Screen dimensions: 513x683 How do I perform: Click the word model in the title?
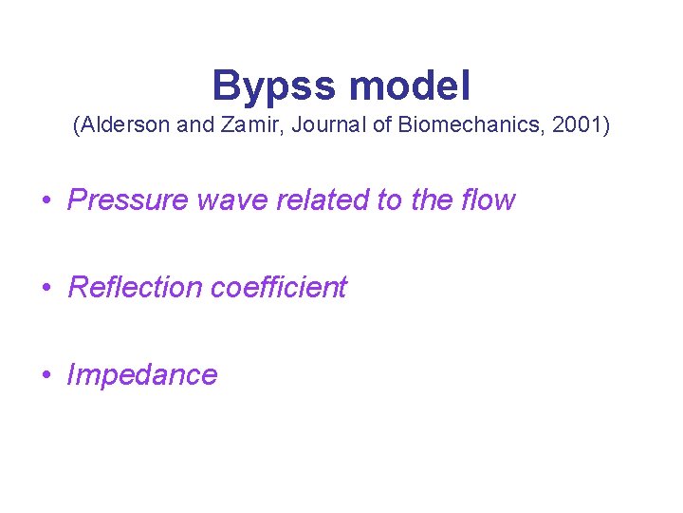click(x=410, y=86)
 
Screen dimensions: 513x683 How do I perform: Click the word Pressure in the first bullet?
click(x=122, y=200)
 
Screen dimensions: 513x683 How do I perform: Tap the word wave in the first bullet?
click(x=216, y=200)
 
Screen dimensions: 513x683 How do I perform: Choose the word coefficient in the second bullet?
click(x=279, y=287)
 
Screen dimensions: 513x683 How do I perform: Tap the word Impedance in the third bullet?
click(x=142, y=374)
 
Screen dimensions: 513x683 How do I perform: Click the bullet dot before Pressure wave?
click(x=46, y=201)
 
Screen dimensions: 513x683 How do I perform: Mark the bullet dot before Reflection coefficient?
click(x=46, y=288)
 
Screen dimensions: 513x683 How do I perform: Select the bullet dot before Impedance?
click(x=46, y=375)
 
